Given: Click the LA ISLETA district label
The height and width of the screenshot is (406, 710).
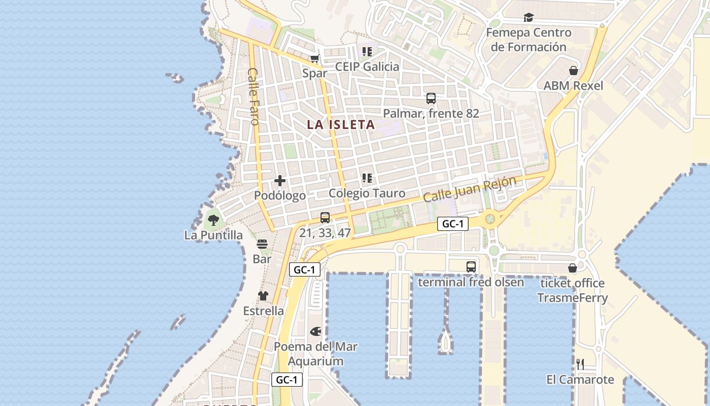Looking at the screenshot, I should click(x=341, y=124).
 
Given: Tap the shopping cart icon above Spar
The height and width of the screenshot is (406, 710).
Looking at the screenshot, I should click(x=315, y=58).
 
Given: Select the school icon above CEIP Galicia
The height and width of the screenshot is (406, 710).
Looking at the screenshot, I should click(x=367, y=51).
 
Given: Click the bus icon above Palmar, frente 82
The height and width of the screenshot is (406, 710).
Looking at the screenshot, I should click(x=431, y=98).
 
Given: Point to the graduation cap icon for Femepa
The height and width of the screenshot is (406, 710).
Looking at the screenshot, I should click(x=529, y=18).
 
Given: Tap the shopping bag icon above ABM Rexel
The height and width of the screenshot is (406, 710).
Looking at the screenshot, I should click(x=574, y=71).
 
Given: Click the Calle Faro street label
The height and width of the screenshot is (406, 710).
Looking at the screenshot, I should click(x=254, y=96).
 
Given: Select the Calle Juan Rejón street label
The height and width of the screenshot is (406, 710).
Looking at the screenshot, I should click(x=470, y=189).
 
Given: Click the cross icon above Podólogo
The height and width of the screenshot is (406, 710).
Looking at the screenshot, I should click(x=280, y=181).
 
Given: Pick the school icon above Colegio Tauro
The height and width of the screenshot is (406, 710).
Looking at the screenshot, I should click(x=367, y=178).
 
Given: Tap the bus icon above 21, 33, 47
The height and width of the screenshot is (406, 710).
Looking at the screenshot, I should click(x=325, y=218).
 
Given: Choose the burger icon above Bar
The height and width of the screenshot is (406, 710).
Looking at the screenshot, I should click(x=262, y=244).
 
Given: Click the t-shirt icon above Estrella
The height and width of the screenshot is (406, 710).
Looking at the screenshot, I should click(x=263, y=296).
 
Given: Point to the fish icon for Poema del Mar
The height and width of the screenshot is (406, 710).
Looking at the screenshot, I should click(x=315, y=332).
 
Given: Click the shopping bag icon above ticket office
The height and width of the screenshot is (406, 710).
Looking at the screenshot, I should click(x=573, y=268).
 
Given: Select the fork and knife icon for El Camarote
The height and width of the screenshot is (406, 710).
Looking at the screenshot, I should click(x=580, y=364).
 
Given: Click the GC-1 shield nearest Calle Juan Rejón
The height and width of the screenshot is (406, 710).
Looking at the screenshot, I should click(x=453, y=224).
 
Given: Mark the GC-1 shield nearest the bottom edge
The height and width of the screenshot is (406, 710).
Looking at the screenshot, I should click(x=287, y=380).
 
